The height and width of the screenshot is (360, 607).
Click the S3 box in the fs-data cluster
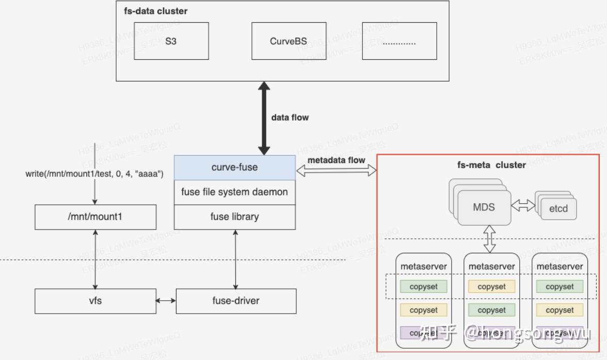tap(171, 41)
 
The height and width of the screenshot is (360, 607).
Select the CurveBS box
tap(288, 41)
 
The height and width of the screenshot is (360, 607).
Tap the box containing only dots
tap(399, 41)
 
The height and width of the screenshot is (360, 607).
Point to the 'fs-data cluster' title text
tap(155, 11)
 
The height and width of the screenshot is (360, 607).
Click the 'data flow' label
tap(290, 118)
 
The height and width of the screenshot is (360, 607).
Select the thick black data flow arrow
tap(264, 118)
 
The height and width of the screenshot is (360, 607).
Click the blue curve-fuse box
tap(234, 167)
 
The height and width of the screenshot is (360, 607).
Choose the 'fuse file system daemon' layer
tap(234, 192)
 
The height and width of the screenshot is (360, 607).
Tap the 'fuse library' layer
tap(234, 217)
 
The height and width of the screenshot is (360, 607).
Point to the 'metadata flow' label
tap(336, 160)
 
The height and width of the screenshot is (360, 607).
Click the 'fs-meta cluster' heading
tap(491, 165)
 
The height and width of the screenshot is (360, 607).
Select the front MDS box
tap(484, 207)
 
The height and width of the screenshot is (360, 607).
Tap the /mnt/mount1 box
tap(95, 217)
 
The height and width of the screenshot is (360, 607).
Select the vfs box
tap(95, 301)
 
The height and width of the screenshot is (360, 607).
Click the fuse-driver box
tap(236, 301)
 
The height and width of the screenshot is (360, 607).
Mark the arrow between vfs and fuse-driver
tap(166, 301)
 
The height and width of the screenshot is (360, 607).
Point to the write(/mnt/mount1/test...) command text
tap(94, 174)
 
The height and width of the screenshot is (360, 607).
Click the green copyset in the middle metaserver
tap(491, 310)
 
